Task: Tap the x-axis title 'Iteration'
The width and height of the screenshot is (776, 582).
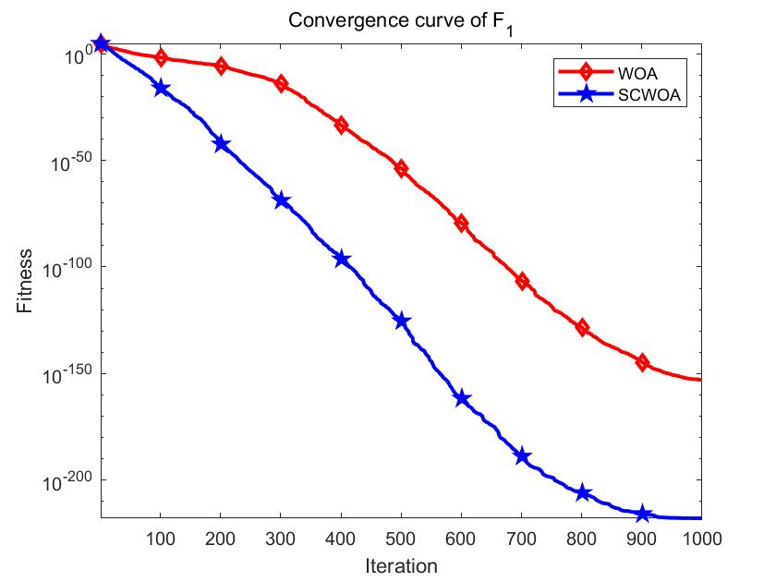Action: pyautogui.click(x=400, y=564)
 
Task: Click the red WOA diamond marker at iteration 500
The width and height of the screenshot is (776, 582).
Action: pyautogui.click(x=401, y=168)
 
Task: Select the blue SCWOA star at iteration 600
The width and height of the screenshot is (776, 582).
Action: pyautogui.click(x=461, y=398)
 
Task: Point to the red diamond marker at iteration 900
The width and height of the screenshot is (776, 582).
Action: pyautogui.click(x=642, y=362)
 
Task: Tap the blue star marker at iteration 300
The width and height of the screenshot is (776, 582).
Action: pyautogui.click(x=281, y=200)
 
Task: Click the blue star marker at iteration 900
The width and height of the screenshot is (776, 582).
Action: pyautogui.click(x=642, y=514)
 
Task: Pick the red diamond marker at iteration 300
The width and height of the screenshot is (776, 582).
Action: pyautogui.click(x=281, y=83)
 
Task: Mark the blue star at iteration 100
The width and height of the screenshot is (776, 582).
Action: pyautogui.click(x=161, y=88)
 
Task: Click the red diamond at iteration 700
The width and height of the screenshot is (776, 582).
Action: pyautogui.click(x=522, y=281)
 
